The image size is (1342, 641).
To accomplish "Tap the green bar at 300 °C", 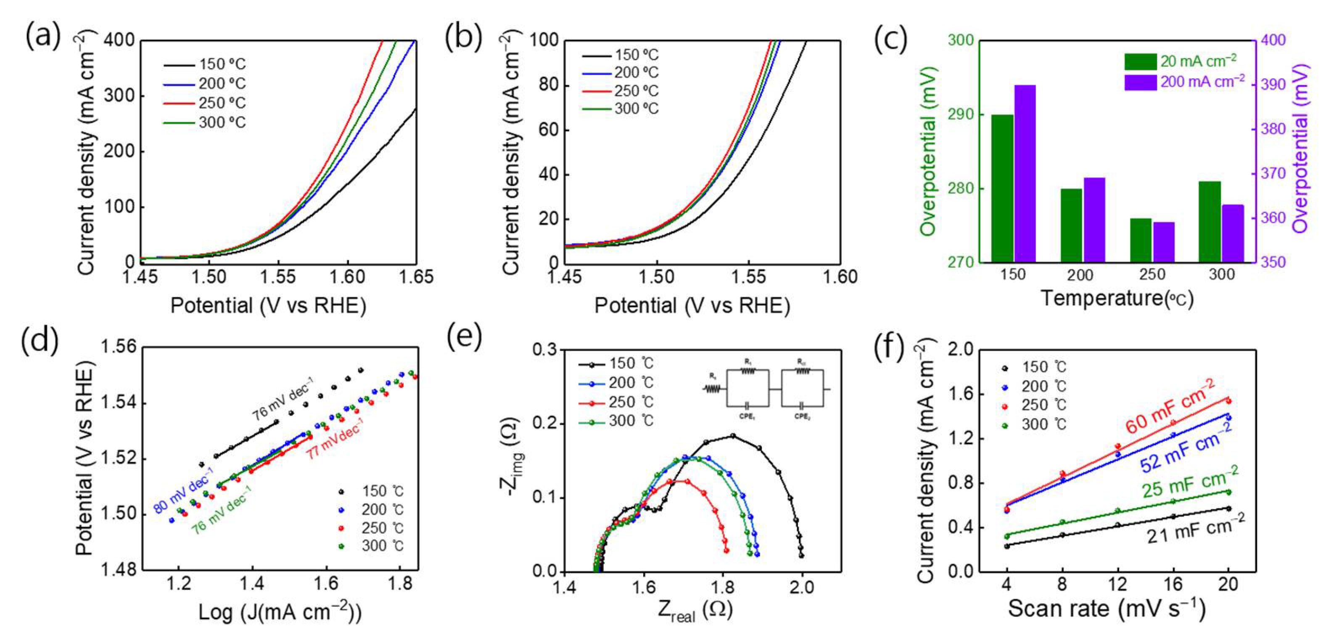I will coord(1210,222).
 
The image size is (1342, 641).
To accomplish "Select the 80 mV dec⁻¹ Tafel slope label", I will coord(183,492).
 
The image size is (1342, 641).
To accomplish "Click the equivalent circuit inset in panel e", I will coord(766,388).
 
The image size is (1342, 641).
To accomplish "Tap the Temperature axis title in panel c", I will coord(1116,299).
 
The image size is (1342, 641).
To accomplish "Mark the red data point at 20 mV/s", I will coord(1228,401).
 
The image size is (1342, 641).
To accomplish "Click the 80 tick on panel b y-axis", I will coord(548,85).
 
